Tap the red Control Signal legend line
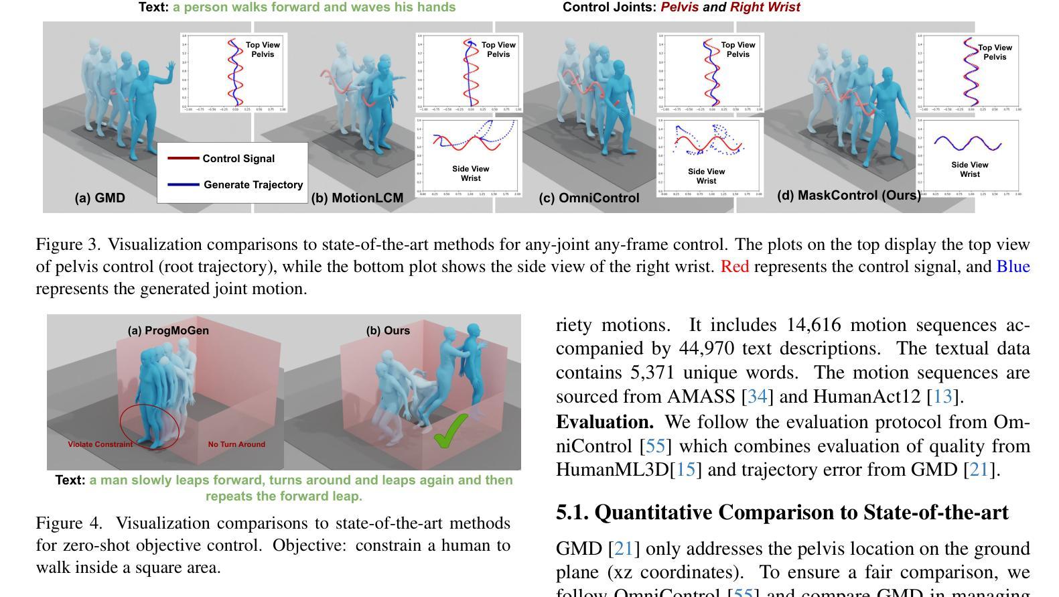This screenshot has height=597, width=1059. (183, 159)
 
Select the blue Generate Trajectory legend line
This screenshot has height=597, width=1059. (183, 184)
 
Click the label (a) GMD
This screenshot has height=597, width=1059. (100, 198)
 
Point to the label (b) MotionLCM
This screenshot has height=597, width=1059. (357, 198)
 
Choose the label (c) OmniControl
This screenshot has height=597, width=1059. (589, 198)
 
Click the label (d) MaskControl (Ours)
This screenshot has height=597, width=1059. (849, 195)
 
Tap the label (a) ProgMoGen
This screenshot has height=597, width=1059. (168, 330)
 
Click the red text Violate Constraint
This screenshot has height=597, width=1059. (100, 444)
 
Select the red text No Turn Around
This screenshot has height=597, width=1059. (236, 444)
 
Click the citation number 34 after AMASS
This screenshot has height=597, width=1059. (757, 397)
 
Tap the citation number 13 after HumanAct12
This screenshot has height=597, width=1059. (942, 397)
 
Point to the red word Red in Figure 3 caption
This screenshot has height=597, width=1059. (734, 267)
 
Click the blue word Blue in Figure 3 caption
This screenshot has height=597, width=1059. (1013, 267)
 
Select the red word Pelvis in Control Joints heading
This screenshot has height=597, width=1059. (679, 7)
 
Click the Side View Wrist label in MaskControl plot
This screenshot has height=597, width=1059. (969, 170)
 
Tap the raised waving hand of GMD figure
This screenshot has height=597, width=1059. (171, 66)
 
